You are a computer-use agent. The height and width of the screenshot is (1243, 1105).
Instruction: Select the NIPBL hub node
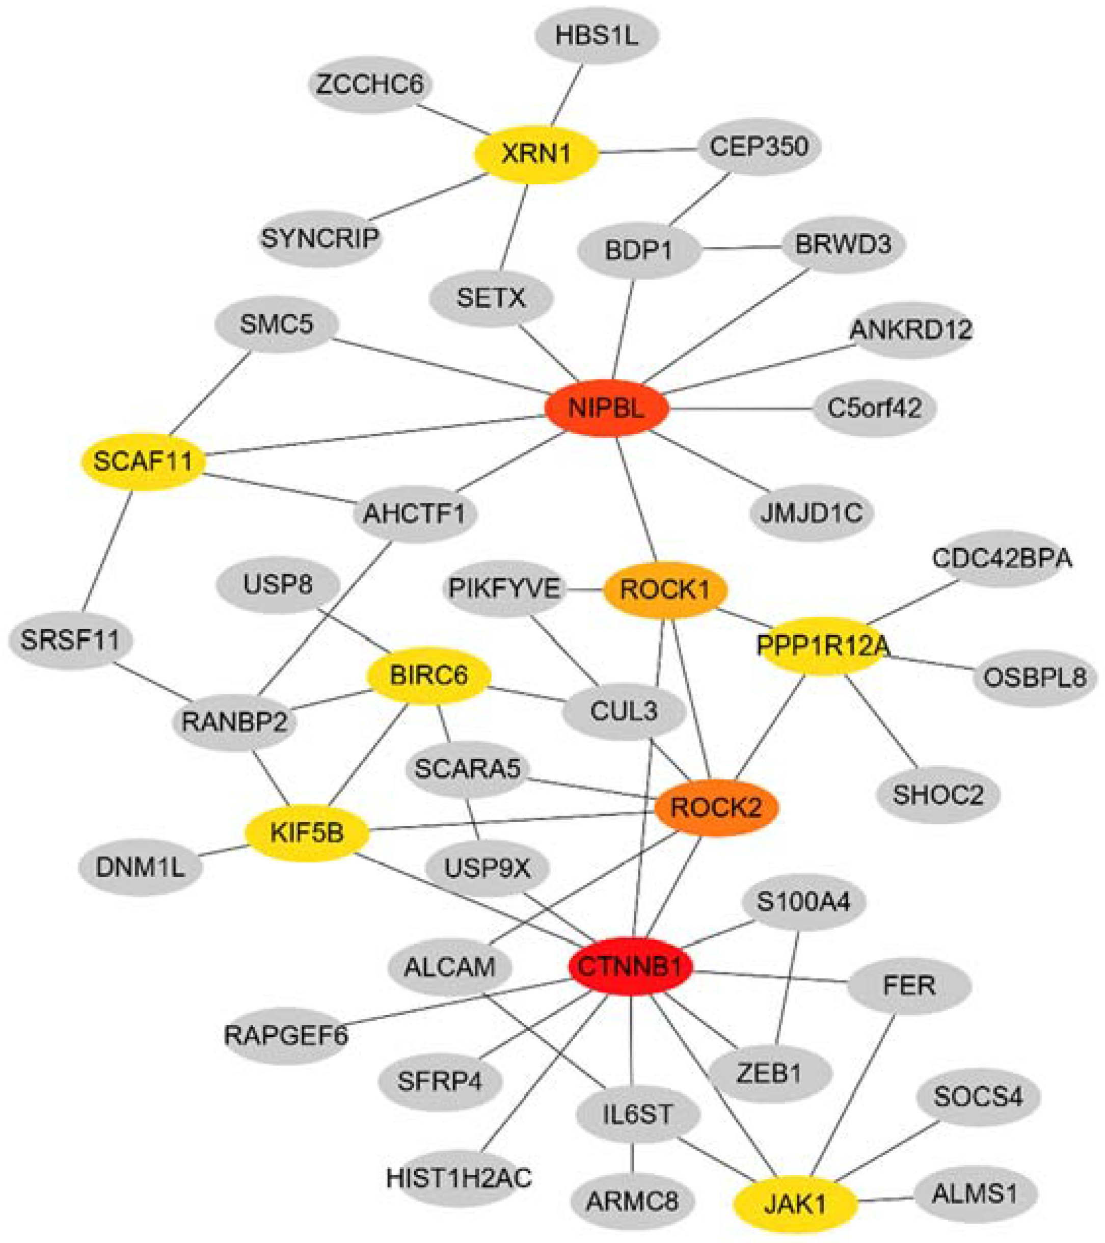(607, 408)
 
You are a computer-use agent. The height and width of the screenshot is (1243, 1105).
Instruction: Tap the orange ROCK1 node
(665, 589)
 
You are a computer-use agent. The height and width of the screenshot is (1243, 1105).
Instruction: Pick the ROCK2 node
(716, 807)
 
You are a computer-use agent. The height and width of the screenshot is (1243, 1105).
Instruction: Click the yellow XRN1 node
(536, 154)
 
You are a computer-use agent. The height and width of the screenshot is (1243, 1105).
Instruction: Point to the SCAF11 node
(144, 462)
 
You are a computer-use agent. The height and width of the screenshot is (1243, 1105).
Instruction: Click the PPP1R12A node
(822, 646)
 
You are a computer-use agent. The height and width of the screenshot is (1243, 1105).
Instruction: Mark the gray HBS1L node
(597, 37)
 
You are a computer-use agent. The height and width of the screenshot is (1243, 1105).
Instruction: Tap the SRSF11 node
(70, 640)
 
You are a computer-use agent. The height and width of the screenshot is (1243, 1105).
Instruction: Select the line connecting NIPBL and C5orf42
(741, 409)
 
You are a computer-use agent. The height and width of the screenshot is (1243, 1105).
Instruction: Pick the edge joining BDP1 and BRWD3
(741, 248)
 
